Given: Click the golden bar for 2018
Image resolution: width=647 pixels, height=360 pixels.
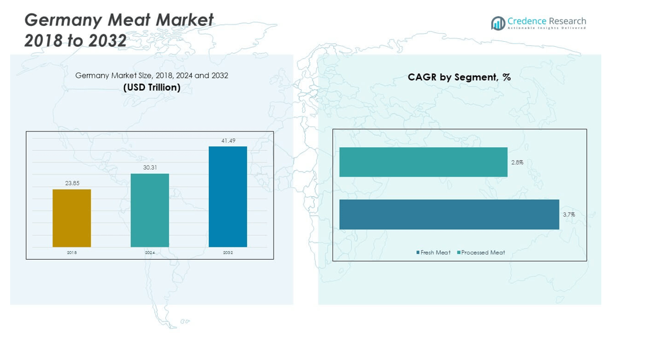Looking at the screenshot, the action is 72,218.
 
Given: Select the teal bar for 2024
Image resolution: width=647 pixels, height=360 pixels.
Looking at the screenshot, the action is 150,210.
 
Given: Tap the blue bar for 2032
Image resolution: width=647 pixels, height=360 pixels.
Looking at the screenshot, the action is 228,196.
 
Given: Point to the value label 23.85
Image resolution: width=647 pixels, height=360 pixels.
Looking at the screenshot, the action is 72,183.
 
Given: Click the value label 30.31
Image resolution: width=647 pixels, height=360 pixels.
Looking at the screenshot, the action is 150,167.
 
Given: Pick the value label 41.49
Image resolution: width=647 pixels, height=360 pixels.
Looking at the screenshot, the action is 228,141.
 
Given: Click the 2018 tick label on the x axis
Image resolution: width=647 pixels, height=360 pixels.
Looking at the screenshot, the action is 72,252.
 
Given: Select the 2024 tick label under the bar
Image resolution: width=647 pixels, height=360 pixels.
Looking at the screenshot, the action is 150,252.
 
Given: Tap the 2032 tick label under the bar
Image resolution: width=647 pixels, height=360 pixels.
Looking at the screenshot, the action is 228,252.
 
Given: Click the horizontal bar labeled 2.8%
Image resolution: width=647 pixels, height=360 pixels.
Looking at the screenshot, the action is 424,163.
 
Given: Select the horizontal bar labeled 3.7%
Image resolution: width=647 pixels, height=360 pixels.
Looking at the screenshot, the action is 450,214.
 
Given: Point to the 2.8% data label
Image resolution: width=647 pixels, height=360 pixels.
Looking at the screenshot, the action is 517,163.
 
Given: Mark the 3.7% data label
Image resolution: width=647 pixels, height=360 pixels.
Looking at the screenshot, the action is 569,214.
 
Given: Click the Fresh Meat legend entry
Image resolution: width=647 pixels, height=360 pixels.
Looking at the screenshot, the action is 433,252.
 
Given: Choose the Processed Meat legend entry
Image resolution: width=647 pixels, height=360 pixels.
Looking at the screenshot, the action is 481,252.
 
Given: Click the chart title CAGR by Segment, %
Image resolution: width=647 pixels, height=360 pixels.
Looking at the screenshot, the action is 459,77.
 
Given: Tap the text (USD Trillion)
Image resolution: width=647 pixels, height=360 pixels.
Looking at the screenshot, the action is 152,87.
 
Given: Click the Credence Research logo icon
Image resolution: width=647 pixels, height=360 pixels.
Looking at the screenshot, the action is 498,23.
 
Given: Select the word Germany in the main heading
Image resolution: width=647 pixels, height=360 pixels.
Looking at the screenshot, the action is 64,20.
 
